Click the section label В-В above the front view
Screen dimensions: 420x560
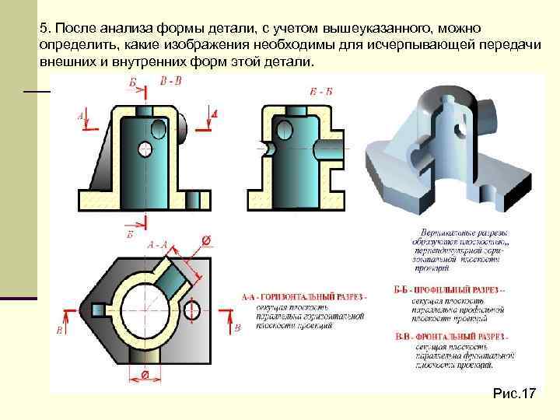(x=171, y=81)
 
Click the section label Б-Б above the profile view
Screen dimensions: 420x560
(x=321, y=91)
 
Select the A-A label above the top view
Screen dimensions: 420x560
(x=158, y=244)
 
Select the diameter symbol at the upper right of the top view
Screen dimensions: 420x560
(x=206, y=240)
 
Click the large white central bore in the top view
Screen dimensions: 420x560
(x=145, y=310)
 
